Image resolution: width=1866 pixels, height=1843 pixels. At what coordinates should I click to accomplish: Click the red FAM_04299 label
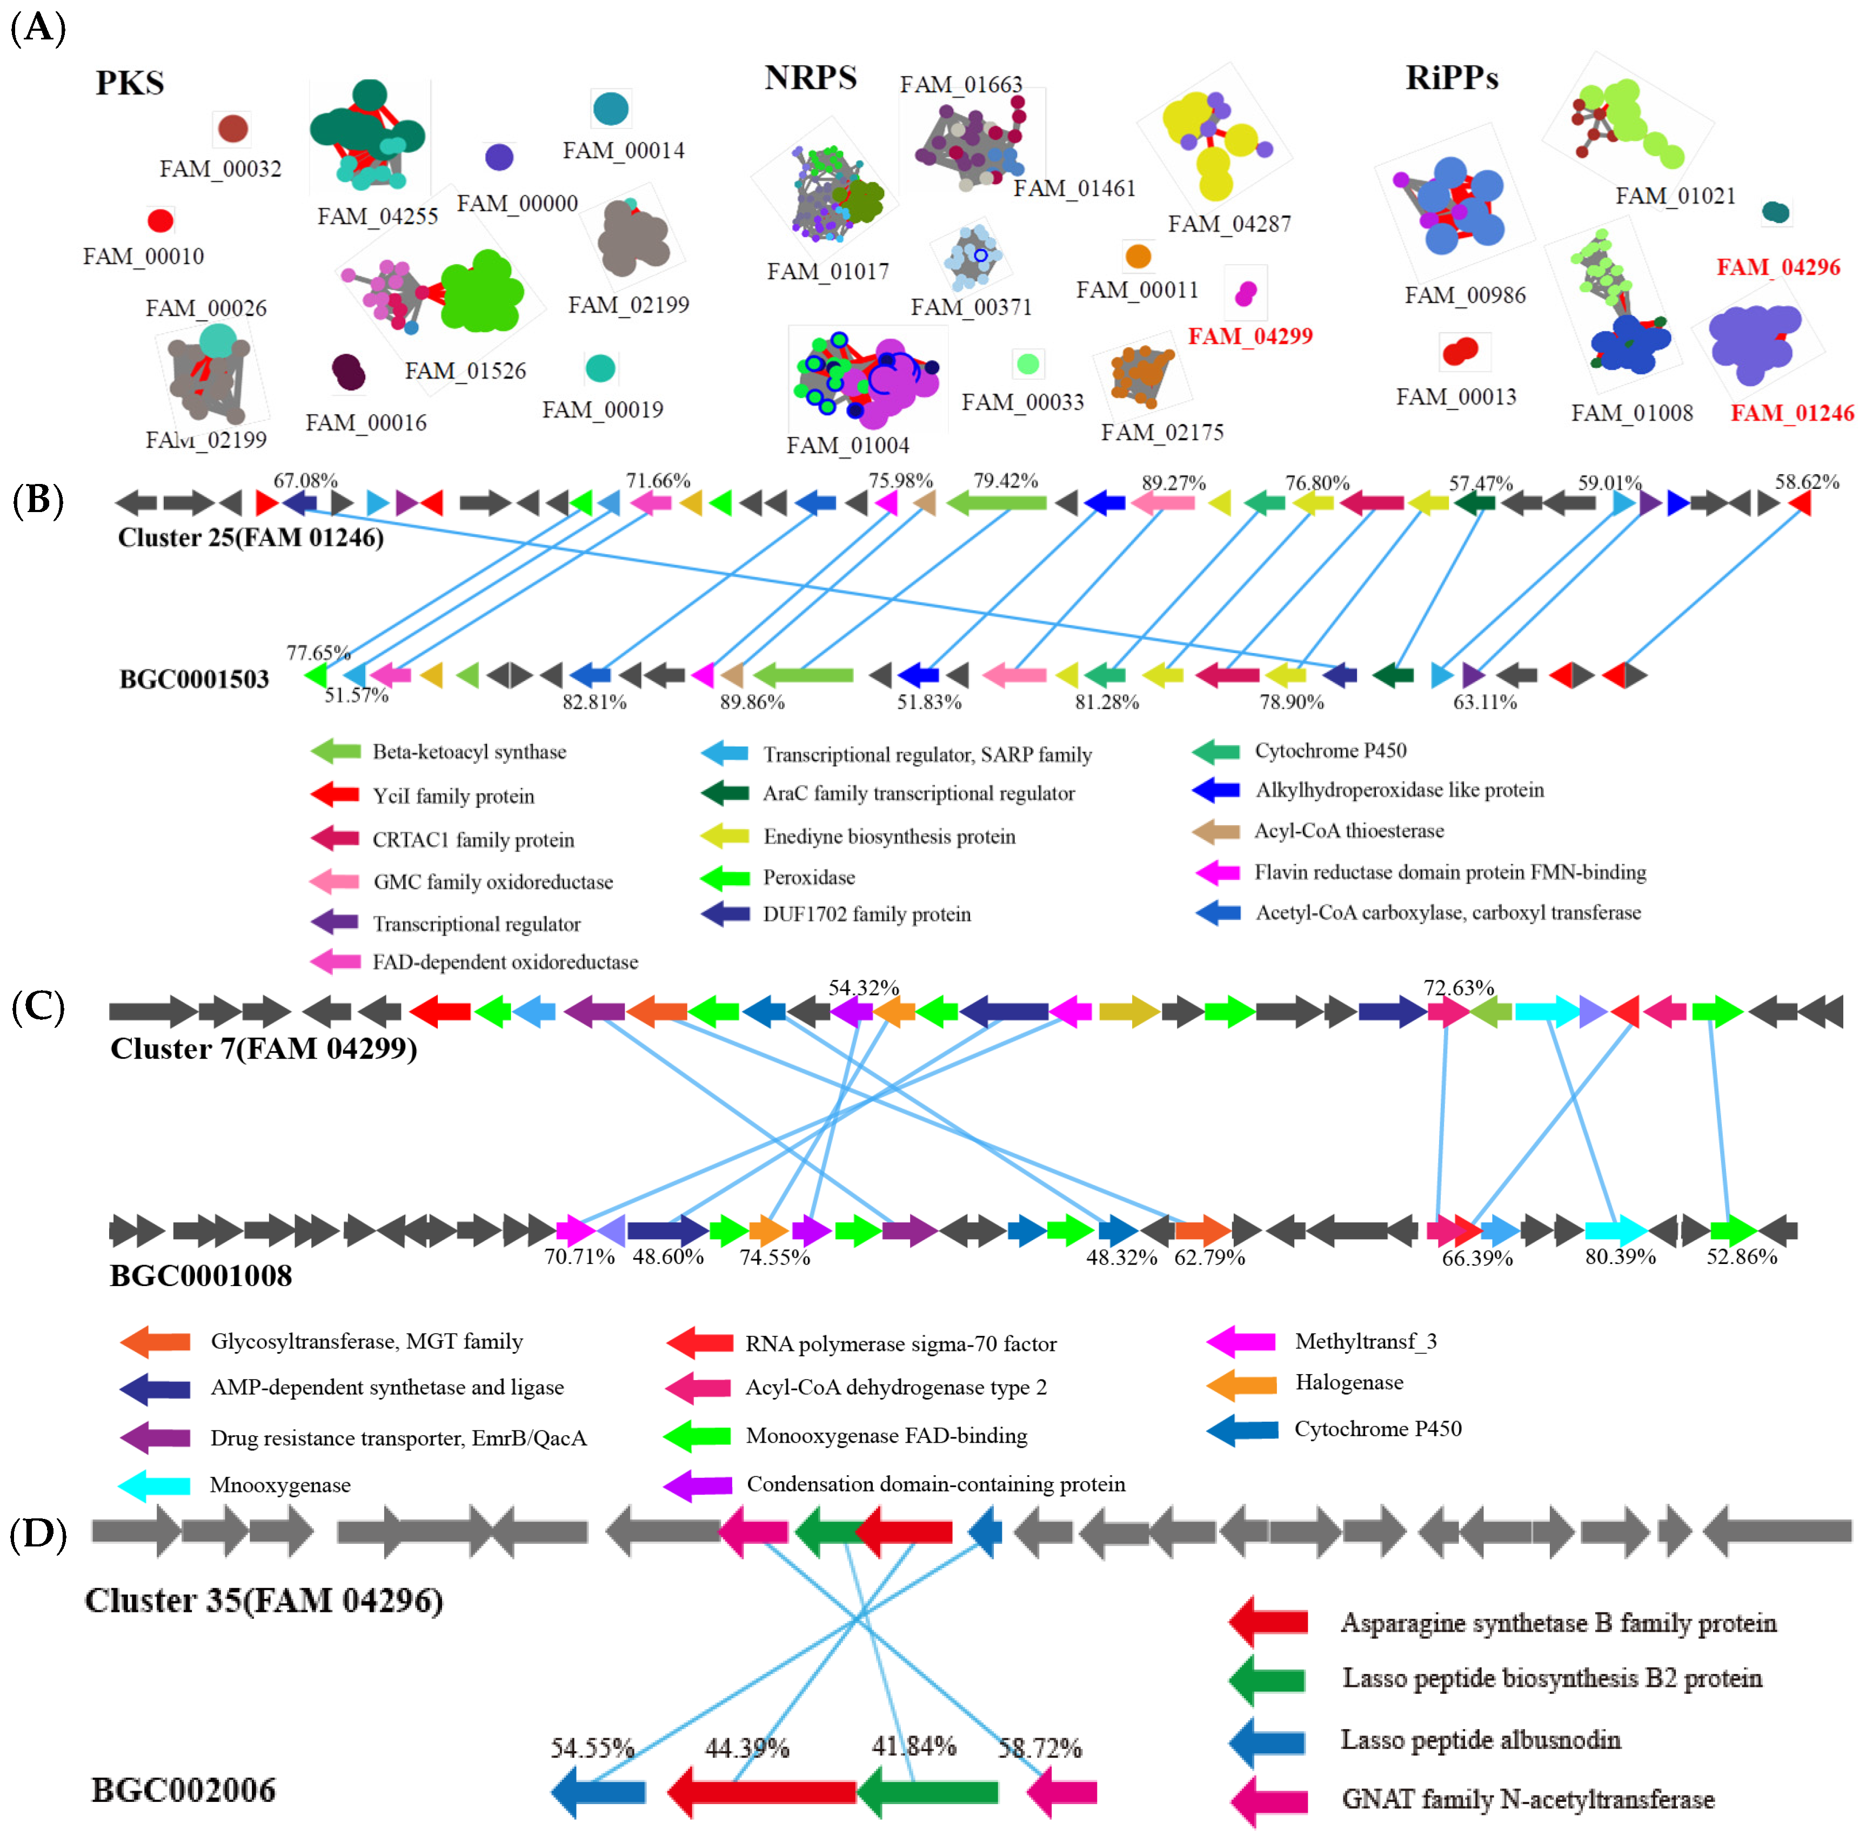click(x=1250, y=336)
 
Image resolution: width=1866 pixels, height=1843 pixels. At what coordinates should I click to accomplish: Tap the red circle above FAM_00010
click(x=160, y=221)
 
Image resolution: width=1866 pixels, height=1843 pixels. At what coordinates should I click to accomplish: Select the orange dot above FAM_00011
click(x=1139, y=256)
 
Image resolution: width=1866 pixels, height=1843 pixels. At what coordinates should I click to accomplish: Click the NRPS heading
click(x=811, y=77)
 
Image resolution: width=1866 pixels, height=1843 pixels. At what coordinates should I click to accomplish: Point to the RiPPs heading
click(x=1452, y=77)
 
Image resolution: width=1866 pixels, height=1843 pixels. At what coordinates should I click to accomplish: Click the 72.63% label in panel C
click(x=1459, y=987)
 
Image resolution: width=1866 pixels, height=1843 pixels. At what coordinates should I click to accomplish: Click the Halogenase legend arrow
click(x=1241, y=1385)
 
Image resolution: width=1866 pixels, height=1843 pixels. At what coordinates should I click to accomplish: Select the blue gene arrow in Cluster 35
click(x=985, y=1531)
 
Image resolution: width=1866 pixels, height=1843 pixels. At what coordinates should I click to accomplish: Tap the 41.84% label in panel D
click(x=914, y=1745)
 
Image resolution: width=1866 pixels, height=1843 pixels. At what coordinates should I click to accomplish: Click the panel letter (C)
click(x=38, y=1007)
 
